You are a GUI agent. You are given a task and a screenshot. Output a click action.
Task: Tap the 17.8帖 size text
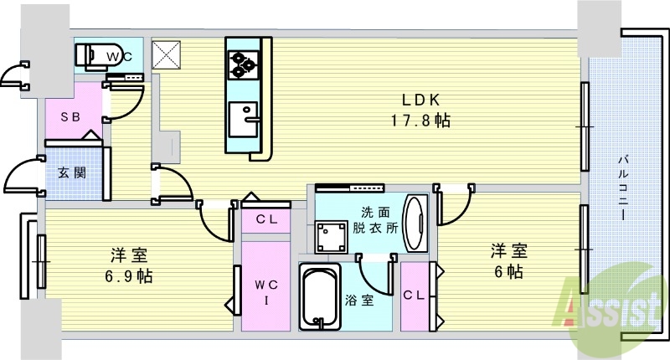coord(420,121)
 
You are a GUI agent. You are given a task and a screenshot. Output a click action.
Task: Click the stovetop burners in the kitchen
coord(244,61)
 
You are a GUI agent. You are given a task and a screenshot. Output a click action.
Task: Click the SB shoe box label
coord(70,117)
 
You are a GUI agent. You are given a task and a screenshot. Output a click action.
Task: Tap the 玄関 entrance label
coord(70,173)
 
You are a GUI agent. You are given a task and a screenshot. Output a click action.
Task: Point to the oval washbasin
coord(414,223)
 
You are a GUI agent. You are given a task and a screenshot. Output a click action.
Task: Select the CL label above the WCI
coord(266,220)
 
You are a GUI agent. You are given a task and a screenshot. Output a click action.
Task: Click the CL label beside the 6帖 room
coord(413,295)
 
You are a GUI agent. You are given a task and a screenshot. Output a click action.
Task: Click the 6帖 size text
coord(508,271)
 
